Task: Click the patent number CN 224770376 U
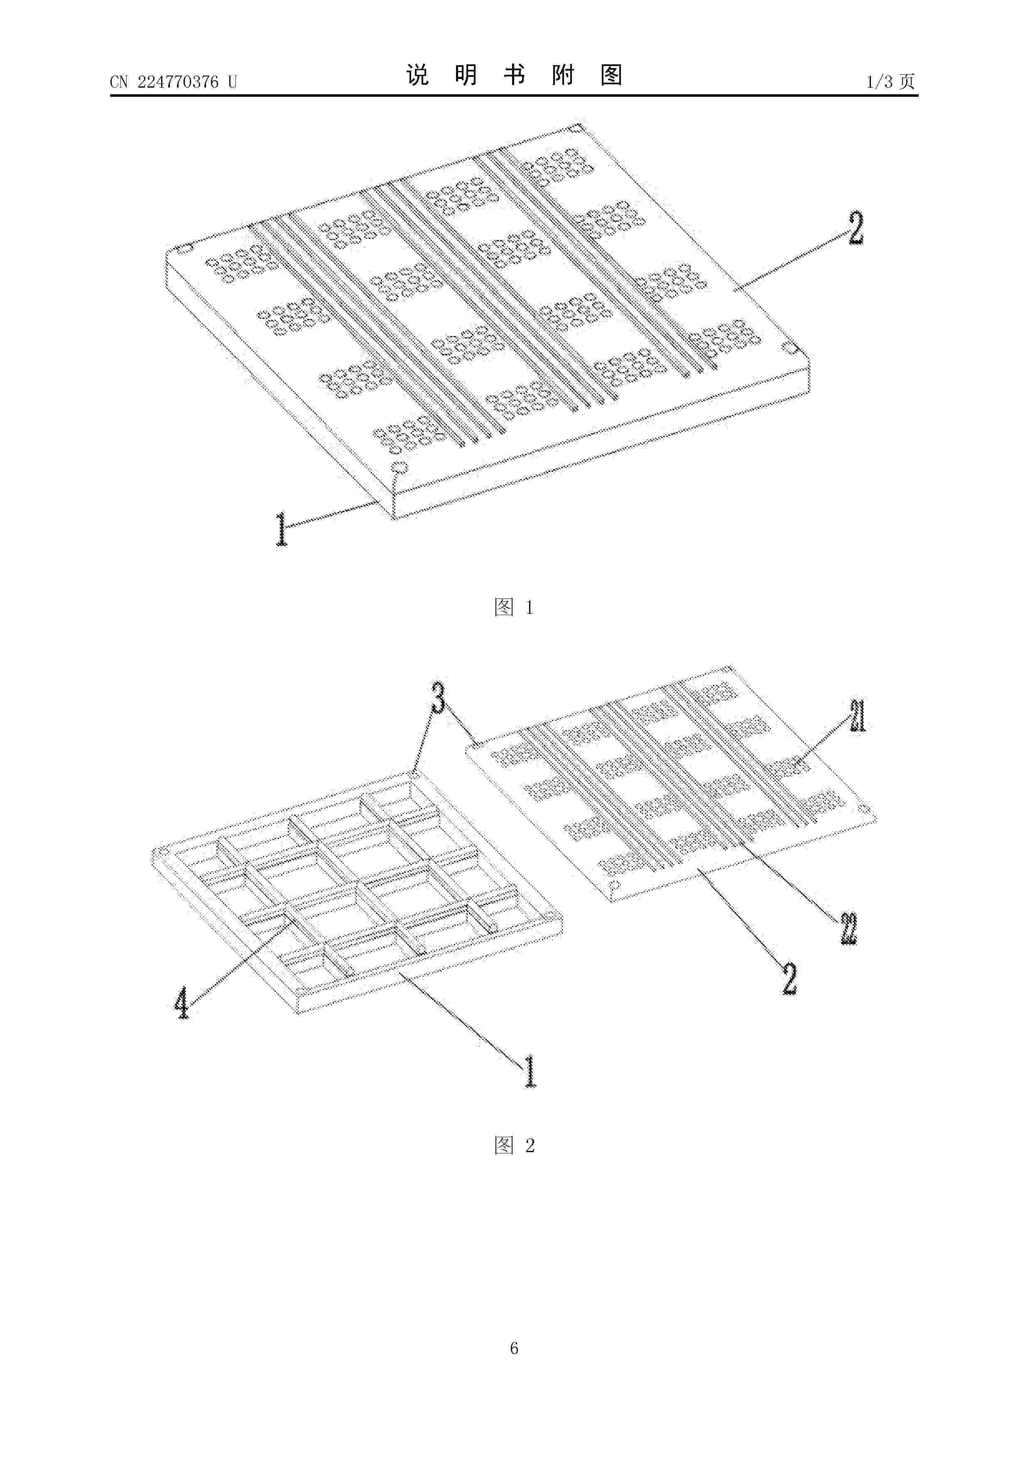[x=173, y=82]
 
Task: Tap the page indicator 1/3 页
[x=890, y=82]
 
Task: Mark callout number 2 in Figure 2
[x=789, y=979]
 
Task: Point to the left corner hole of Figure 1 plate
[x=183, y=249]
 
